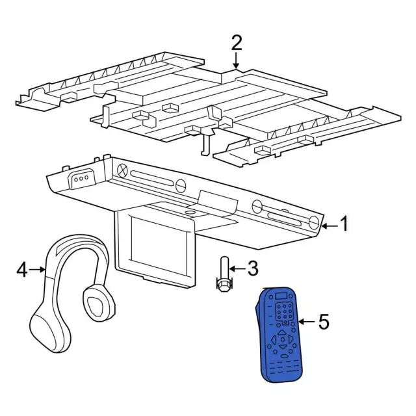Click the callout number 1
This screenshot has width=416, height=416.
(x=344, y=224)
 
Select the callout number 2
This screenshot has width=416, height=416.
(x=237, y=43)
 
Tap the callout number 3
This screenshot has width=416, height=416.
(x=252, y=268)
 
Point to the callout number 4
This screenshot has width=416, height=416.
(x=21, y=270)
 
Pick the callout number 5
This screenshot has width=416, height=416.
(x=324, y=322)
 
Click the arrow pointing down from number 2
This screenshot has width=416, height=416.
(x=236, y=60)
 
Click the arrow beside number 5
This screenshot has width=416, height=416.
(x=307, y=322)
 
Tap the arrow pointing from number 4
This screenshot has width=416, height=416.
(x=37, y=270)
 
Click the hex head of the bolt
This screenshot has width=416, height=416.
(x=224, y=285)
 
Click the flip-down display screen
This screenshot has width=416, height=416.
(x=159, y=240)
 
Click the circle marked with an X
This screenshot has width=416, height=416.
(x=122, y=170)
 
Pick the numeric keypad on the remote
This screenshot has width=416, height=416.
(x=285, y=313)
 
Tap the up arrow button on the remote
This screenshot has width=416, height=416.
(x=281, y=331)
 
